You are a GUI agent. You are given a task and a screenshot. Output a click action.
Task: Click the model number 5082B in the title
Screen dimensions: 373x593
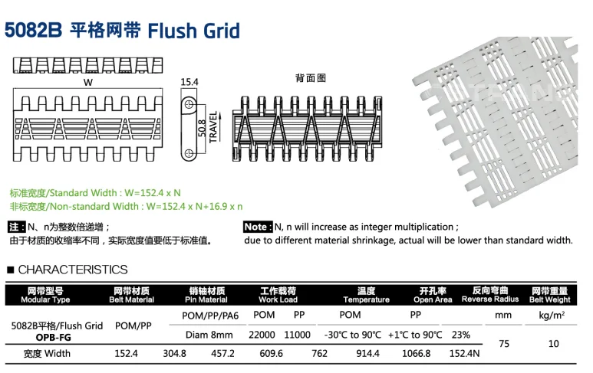tap(33, 31)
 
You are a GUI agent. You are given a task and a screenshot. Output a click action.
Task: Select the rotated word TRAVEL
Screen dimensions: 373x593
tap(213, 123)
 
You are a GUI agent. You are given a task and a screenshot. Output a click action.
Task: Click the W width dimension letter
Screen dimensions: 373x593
tap(87, 82)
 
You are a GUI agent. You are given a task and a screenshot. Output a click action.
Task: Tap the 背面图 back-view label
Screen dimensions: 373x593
tap(311, 79)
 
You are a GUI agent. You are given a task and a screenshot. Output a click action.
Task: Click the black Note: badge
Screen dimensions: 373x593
tap(257, 227)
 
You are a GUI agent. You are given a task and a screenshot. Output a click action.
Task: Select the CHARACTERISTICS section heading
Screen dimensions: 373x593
tap(73, 270)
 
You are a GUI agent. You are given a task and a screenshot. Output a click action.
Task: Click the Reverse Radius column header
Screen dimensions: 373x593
tap(491, 299)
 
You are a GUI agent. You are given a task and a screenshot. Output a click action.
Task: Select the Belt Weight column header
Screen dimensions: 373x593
tap(549, 299)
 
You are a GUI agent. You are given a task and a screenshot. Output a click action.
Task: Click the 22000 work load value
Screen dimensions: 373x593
tap(262, 335)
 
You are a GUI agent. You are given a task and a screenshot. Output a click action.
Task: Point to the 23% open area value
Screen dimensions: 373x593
tap(461, 335)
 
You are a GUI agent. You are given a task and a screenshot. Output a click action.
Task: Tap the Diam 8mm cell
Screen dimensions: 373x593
tap(209, 335)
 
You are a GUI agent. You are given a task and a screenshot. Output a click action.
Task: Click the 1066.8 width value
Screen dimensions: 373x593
tap(417, 354)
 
